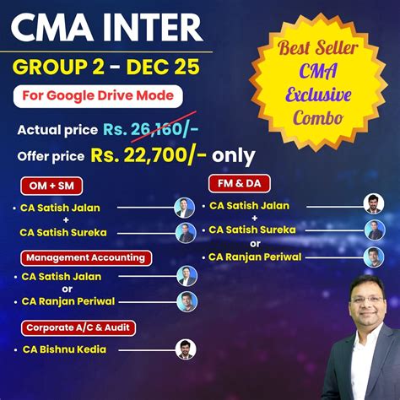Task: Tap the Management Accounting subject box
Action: pyautogui.click(x=84, y=257)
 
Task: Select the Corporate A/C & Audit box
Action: pyautogui.click(x=79, y=325)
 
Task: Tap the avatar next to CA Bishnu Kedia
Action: pyautogui.click(x=186, y=349)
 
